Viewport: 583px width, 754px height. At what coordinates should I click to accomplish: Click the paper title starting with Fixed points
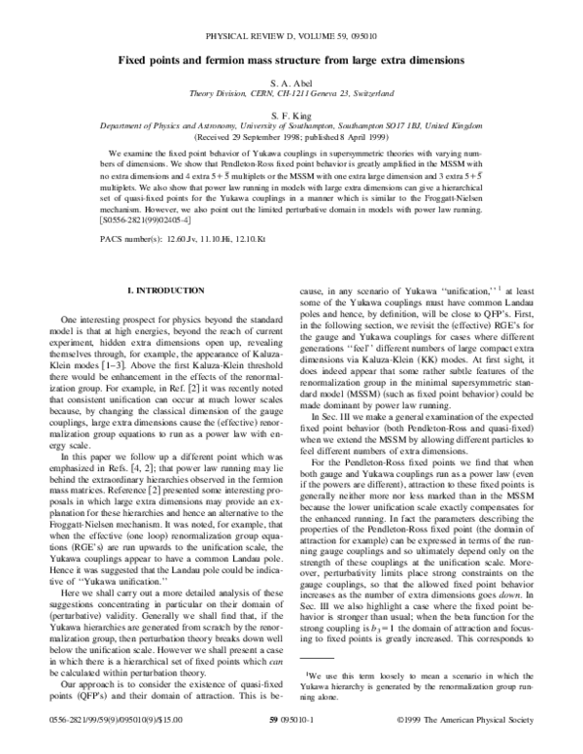291,60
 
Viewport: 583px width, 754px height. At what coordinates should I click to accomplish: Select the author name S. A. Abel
291,82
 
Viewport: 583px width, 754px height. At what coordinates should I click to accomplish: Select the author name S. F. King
291,113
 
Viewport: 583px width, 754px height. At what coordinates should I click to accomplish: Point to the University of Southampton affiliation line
291,125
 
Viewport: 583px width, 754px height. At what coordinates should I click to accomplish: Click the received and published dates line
291,136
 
